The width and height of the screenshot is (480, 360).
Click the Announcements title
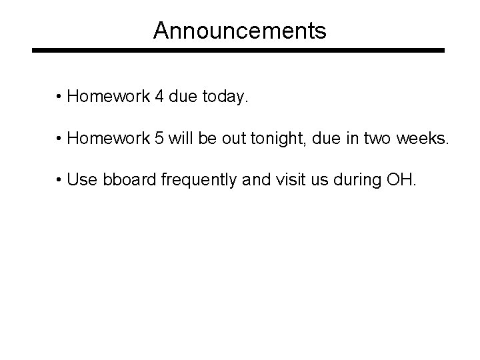[239, 30]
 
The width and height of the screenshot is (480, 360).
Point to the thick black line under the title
[239, 50]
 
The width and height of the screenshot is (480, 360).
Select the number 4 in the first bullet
[158, 97]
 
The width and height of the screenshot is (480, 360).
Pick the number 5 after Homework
[158, 139]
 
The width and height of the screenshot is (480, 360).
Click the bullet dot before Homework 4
[59, 98]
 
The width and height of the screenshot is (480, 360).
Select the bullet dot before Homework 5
[59, 139]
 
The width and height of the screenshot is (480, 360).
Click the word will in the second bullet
[180, 139]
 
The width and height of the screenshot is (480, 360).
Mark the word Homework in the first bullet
[107, 97]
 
